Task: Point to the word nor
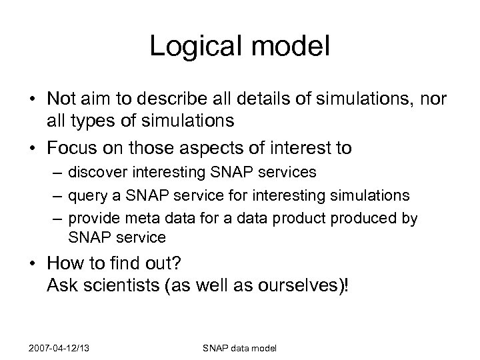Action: click(433, 99)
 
